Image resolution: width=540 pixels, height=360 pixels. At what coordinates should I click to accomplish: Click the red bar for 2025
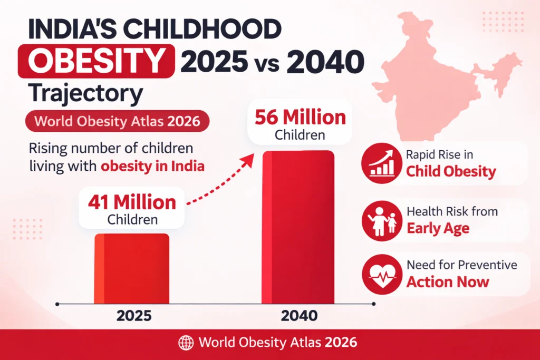click(x=132, y=269)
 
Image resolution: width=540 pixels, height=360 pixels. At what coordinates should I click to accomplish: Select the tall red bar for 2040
click(x=298, y=227)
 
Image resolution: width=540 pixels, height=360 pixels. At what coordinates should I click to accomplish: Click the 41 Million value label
click(x=132, y=202)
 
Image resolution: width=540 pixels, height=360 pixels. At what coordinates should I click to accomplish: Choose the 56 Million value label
click(x=300, y=117)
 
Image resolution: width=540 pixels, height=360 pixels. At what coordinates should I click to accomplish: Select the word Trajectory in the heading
click(x=86, y=94)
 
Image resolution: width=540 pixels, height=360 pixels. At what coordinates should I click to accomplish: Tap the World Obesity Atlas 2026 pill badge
click(x=117, y=122)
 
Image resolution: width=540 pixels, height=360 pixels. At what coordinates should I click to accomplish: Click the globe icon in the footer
click(x=187, y=343)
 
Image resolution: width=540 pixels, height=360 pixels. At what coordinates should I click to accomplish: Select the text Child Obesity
click(x=451, y=171)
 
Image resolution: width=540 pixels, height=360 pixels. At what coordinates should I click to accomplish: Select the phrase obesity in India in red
click(x=152, y=166)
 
